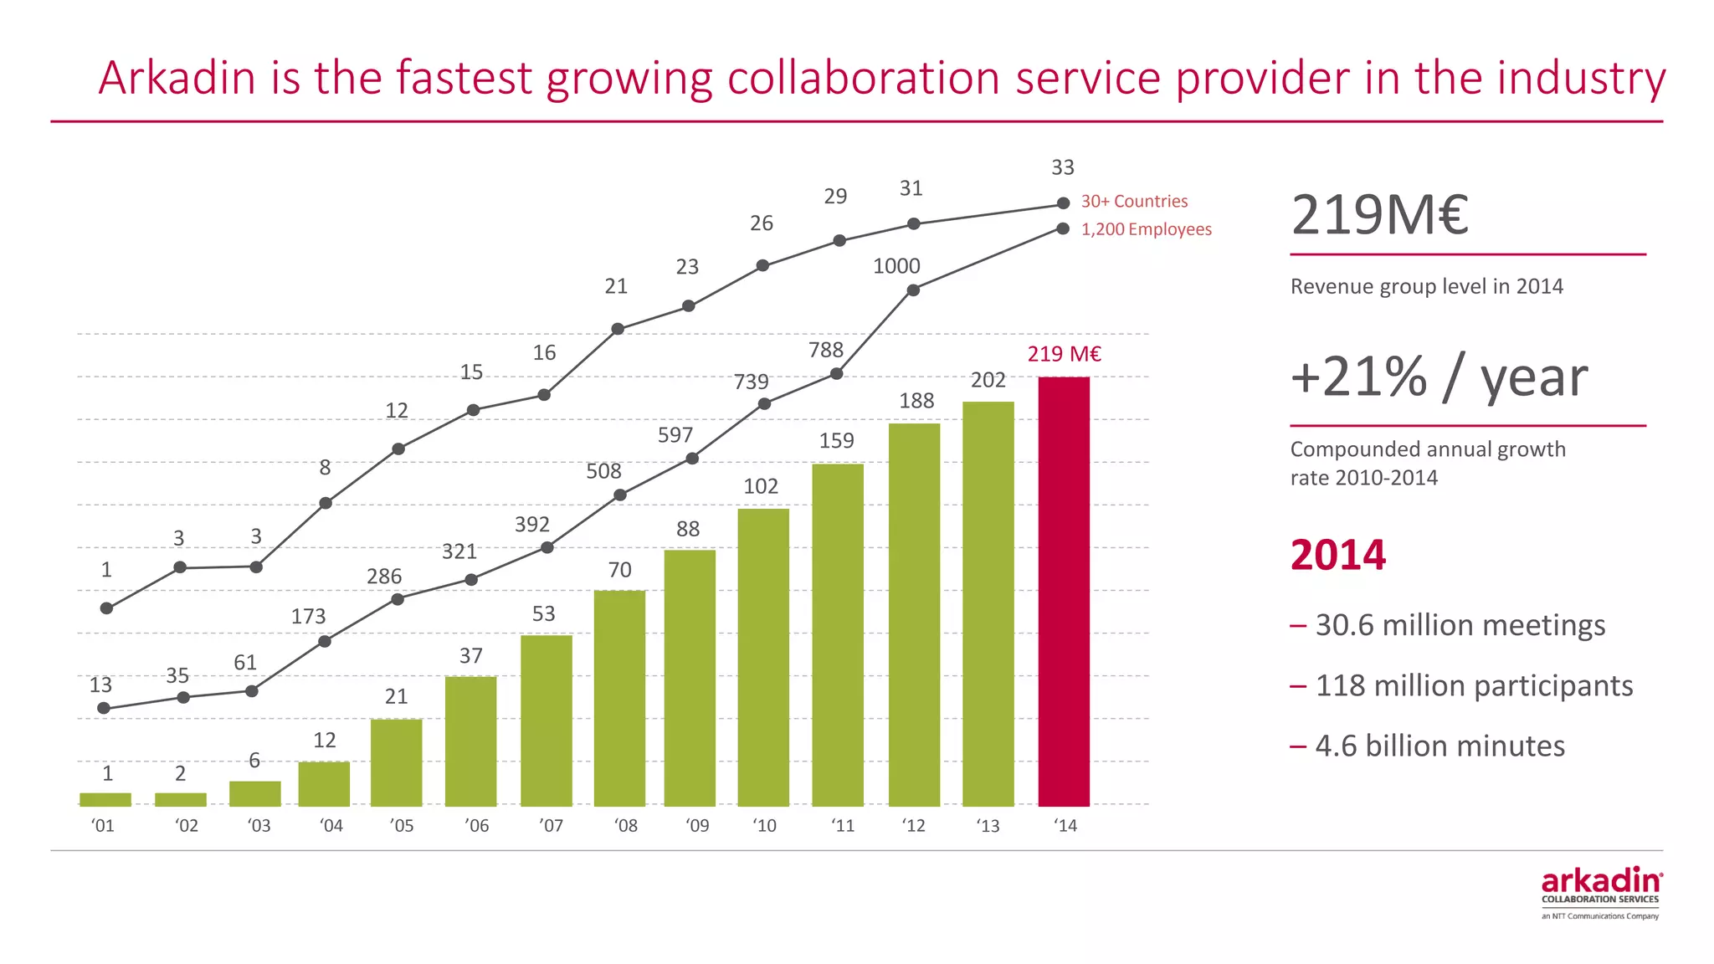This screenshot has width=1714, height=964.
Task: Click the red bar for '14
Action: (1064, 591)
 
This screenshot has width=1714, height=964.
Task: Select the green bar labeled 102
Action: (763, 657)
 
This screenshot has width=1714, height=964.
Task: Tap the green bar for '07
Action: (547, 720)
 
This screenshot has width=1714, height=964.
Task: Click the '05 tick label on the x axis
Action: (402, 826)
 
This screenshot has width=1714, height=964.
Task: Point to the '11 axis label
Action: (843, 826)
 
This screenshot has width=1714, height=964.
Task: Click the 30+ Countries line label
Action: (1134, 202)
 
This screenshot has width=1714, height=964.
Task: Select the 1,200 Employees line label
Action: (1146, 229)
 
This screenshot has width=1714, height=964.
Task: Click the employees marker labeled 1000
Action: (913, 290)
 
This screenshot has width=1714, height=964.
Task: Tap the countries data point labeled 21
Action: (618, 329)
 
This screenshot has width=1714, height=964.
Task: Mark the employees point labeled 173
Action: (326, 642)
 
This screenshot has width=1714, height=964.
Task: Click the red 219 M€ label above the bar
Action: (1064, 354)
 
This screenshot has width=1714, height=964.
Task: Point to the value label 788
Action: (826, 350)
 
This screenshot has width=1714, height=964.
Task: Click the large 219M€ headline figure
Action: (1379, 216)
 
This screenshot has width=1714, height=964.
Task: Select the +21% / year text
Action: (1439, 377)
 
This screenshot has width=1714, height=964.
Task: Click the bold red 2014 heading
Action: (1337, 556)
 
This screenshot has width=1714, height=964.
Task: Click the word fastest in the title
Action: (464, 78)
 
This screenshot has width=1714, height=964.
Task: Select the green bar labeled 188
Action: (914, 614)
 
